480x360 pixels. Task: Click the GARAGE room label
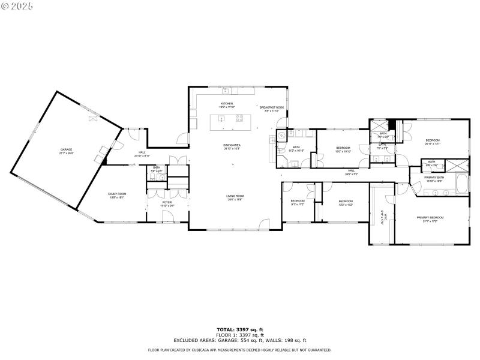(66, 149)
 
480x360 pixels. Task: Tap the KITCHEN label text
(227, 104)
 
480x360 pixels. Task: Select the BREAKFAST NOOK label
(272, 107)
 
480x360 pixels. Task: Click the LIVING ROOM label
(235, 196)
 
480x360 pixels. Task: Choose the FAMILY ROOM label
(117, 194)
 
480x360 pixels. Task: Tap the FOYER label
(167, 202)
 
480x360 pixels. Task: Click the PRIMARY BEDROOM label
(430, 217)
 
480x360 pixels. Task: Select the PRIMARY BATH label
(434, 177)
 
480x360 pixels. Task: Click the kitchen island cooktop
(239, 120)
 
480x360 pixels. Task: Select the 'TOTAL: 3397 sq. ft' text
(240, 329)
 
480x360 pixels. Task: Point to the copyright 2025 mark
(18, 6)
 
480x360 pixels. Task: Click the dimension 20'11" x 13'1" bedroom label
(433, 142)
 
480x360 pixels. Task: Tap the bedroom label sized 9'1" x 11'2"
(298, 202)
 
